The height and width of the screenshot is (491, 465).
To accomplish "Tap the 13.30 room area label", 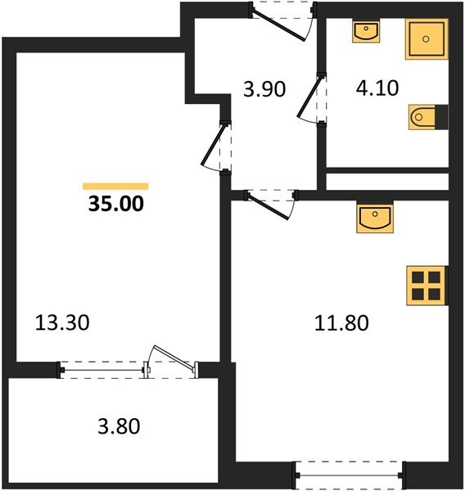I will (61, 322).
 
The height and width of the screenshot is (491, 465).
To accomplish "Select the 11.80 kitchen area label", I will (342, 322).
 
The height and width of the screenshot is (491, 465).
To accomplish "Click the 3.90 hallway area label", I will (264, 88).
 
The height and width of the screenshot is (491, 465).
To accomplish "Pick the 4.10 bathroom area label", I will (377, 88).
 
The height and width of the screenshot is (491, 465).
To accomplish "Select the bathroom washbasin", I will (364, 32).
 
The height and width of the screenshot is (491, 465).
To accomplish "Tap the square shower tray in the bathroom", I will (426, 39).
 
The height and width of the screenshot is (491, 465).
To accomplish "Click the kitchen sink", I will (375, 219).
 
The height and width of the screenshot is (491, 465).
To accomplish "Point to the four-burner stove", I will (426, 285).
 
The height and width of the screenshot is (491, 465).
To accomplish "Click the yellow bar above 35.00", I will (115, 186).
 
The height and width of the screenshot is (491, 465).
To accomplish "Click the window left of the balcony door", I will (102, 369).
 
